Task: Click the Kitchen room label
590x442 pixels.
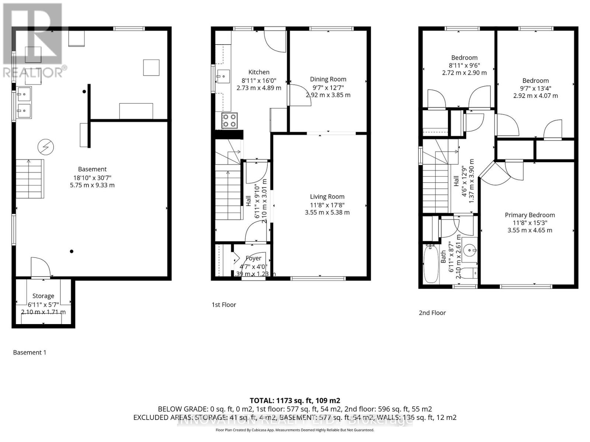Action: pos(258,72)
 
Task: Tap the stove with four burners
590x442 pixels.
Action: pos(229,120)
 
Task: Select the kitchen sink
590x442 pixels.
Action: pos(223,77)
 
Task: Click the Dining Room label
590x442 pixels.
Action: pos(328,79)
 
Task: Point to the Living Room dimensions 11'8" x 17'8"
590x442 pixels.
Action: pos(327,205)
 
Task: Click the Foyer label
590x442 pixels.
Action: pos(253,258)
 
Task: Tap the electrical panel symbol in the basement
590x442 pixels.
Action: pos(46,147)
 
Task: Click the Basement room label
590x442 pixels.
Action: pos(92,169)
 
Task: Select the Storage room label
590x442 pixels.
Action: pos(43,296)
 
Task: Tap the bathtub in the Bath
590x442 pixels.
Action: pos(430,264)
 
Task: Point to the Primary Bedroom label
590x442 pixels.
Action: pos(530,215)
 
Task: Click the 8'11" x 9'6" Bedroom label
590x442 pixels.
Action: pos(464,58)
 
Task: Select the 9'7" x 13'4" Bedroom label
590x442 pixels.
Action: pos(535,81)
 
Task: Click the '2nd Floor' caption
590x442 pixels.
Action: pos(432,313)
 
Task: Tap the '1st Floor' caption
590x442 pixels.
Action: pos(223,305)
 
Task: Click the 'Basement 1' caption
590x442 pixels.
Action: pos(29,352)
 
